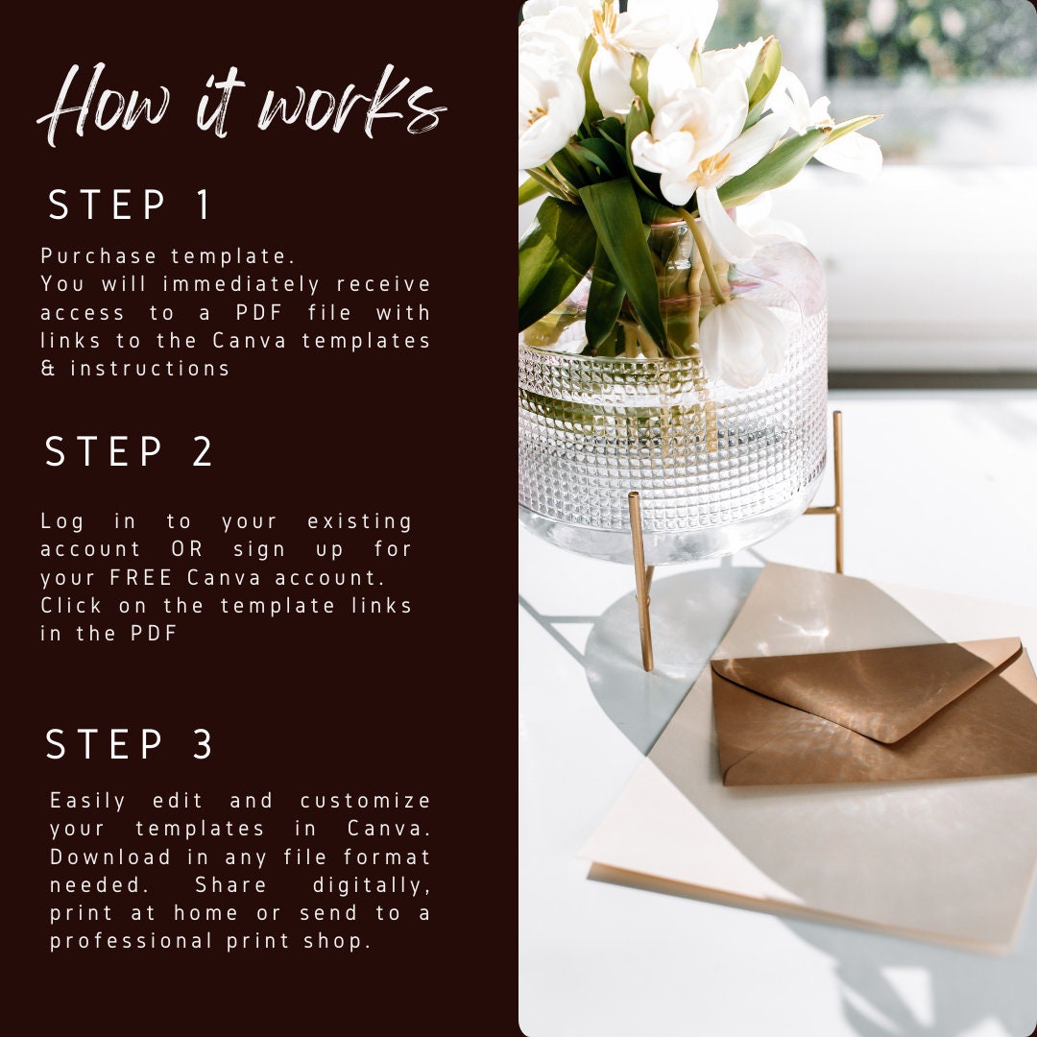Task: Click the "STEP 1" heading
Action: (x=130, y=205)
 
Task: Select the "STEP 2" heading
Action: (x=129, y=451)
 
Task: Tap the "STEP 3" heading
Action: (x=129, y=744)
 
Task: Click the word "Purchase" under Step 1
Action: (x=99, y=256)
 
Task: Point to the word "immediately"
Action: (x=241, y=284)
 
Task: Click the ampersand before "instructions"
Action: (x=48, y=368)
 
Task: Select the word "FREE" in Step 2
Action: (x=140, y=577)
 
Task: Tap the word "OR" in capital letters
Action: (x=187, y=549)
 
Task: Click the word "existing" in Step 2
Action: (x=360, y=521)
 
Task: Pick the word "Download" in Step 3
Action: (x=110, y=857)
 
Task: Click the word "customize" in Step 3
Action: (x=366, y=801)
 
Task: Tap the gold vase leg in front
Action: (x=640, y=582)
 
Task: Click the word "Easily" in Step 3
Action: (x=88, y=802)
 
